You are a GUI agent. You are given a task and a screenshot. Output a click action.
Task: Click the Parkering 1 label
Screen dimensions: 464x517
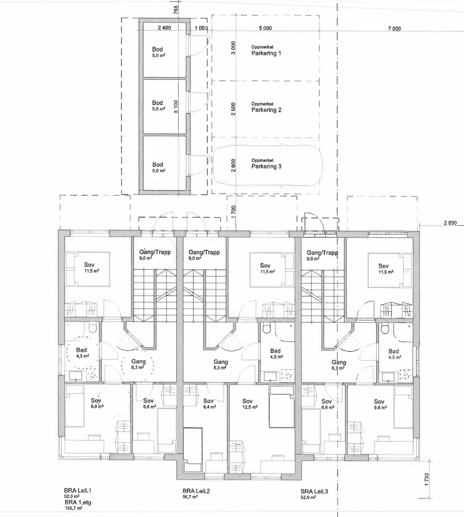266,53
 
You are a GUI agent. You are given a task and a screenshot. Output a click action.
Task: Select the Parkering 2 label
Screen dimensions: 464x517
266,110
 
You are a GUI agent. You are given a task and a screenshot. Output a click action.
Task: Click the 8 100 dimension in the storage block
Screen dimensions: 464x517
176,106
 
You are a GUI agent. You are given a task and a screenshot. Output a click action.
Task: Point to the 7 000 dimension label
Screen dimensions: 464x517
394,29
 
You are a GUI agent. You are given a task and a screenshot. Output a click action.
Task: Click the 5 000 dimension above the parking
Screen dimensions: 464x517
265,28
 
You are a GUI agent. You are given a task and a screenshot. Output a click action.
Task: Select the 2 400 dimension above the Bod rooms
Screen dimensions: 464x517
164,28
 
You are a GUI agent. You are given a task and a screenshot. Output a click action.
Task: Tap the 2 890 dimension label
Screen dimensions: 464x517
450,223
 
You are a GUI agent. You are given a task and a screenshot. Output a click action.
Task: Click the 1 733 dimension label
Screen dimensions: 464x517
427,479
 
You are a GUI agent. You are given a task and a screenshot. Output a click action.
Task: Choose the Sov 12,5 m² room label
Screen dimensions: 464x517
250,404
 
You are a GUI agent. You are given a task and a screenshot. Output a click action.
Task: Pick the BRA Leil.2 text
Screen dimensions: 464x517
196,491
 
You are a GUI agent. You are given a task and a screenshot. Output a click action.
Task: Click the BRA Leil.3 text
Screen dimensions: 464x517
314,491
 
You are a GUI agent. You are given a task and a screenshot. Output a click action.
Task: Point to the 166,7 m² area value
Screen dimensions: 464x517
74,508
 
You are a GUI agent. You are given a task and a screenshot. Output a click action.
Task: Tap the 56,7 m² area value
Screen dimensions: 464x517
190,496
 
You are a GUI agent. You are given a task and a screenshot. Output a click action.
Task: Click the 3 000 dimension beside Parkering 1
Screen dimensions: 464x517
233,48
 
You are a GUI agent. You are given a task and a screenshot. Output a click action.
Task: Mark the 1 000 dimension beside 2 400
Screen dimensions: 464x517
201,28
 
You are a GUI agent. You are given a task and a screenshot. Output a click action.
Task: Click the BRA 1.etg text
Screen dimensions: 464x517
78,503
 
